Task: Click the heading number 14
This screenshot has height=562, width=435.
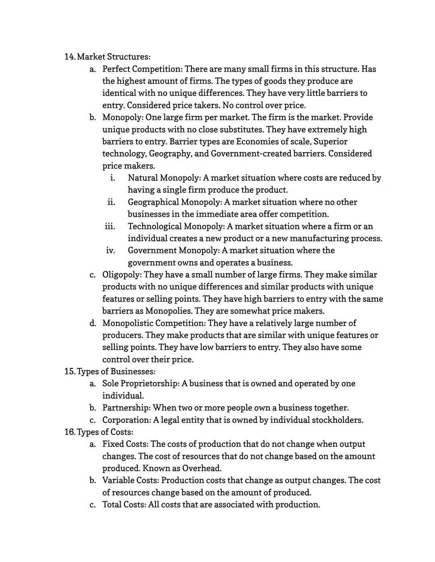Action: pos(69,57)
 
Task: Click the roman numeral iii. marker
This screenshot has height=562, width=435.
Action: pos(110,226)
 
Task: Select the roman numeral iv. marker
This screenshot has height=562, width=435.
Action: pos(110,251)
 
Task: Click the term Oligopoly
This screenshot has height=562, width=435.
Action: pos(121,275)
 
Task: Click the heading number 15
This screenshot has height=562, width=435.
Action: pos(69,371)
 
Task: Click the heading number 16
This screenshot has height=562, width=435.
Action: pos(69,432)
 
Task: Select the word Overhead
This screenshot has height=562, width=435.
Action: pos(202,468)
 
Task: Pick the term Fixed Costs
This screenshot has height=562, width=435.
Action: pos(125,444)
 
